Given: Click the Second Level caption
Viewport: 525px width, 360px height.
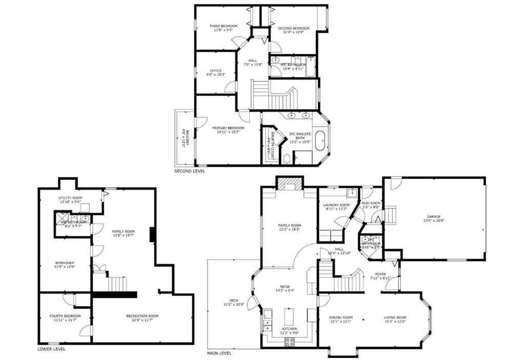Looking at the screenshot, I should click(x=190, y=171).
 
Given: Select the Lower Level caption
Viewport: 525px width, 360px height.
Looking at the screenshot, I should click(x=51, y=349).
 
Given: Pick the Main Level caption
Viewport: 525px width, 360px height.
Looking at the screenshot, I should click(x=219, y=353).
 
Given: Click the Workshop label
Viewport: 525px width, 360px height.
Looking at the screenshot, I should click(x=65, y=265).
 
